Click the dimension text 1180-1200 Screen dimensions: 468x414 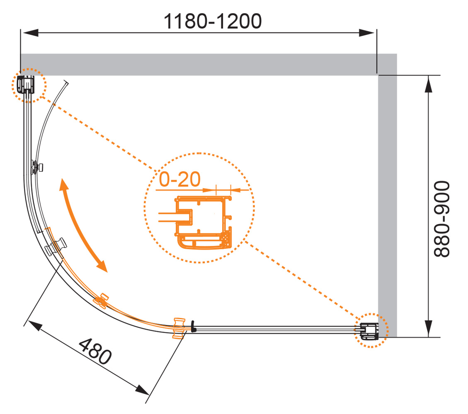coord(213,21)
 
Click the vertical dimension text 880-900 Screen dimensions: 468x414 coord(441,219)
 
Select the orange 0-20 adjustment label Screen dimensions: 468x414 coord(179,179)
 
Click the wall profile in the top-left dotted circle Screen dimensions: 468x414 coord(26,84)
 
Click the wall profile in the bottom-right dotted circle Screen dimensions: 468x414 coord(369,331)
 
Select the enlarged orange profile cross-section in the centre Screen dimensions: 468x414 coord(203,222)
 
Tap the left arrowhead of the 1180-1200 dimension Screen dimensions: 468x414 coord(30,33)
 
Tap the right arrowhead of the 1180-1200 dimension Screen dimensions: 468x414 coord(366,33)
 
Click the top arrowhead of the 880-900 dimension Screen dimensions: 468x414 coord(428,84)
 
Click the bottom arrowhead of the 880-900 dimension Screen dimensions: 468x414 coord(428,328)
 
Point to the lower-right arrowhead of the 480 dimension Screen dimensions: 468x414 coord(142,390)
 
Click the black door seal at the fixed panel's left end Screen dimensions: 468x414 coord(194,326)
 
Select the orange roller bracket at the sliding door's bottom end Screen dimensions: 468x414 coord(179,328)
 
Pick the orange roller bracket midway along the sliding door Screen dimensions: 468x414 coord(101,301)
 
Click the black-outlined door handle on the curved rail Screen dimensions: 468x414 coord(56,246)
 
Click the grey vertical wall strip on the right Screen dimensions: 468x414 coord(388,206)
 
